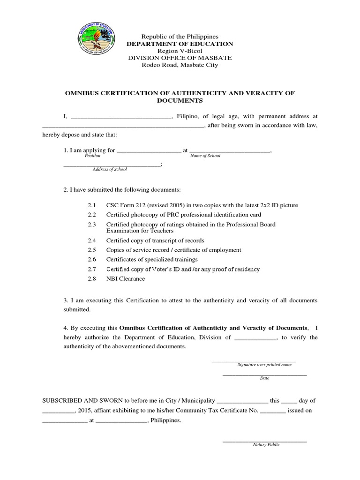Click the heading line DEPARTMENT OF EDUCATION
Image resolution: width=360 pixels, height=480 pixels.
(180, 44)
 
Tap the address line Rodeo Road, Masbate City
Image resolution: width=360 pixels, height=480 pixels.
(180, 65)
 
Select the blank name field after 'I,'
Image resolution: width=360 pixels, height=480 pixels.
(121, 116)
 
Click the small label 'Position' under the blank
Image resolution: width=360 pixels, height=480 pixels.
(92, 156)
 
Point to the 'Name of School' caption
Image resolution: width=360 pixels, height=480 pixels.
(205, 156)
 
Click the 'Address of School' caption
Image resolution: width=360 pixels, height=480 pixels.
(110, 169)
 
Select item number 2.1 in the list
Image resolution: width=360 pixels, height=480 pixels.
(91, 205)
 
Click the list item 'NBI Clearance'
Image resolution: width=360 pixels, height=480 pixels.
(126, 278)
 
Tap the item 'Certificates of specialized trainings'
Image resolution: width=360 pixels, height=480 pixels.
(152, 259)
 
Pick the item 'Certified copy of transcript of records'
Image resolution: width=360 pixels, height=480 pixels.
(155, 240)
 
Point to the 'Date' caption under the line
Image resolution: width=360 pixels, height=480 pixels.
(264, 378)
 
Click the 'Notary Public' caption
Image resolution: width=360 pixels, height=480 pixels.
(266, 444)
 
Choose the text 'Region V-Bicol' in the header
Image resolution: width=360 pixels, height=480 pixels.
(180, 51)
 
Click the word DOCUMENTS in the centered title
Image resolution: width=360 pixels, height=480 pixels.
(180, 100)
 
